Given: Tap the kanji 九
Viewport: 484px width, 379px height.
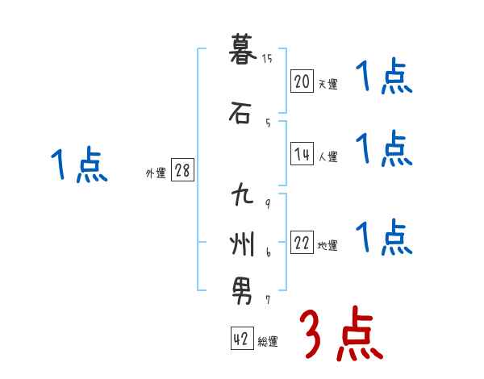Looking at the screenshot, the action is click(241, 197).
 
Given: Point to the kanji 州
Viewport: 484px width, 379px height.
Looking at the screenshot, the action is click(241, 242).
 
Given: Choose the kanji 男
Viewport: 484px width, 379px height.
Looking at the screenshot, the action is click(241, 288).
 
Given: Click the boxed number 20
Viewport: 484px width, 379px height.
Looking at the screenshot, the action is click(302, 81).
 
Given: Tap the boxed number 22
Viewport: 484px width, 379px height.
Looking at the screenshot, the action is click(302, 244).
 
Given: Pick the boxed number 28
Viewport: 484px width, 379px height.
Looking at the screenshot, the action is click(182, 171).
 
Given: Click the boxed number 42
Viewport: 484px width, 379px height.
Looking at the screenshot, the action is click(240, 339).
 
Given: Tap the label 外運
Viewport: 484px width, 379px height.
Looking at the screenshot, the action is click(156, 173).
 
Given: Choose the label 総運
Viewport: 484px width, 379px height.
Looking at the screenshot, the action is click(267, 342).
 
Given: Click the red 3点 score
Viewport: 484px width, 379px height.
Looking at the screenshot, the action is click(341, 334).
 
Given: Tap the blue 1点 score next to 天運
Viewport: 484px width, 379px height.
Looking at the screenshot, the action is click(383, 78).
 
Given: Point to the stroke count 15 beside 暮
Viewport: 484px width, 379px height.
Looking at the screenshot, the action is click(267, 58).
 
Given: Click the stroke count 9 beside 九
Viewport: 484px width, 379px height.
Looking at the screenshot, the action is click(267, 203).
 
